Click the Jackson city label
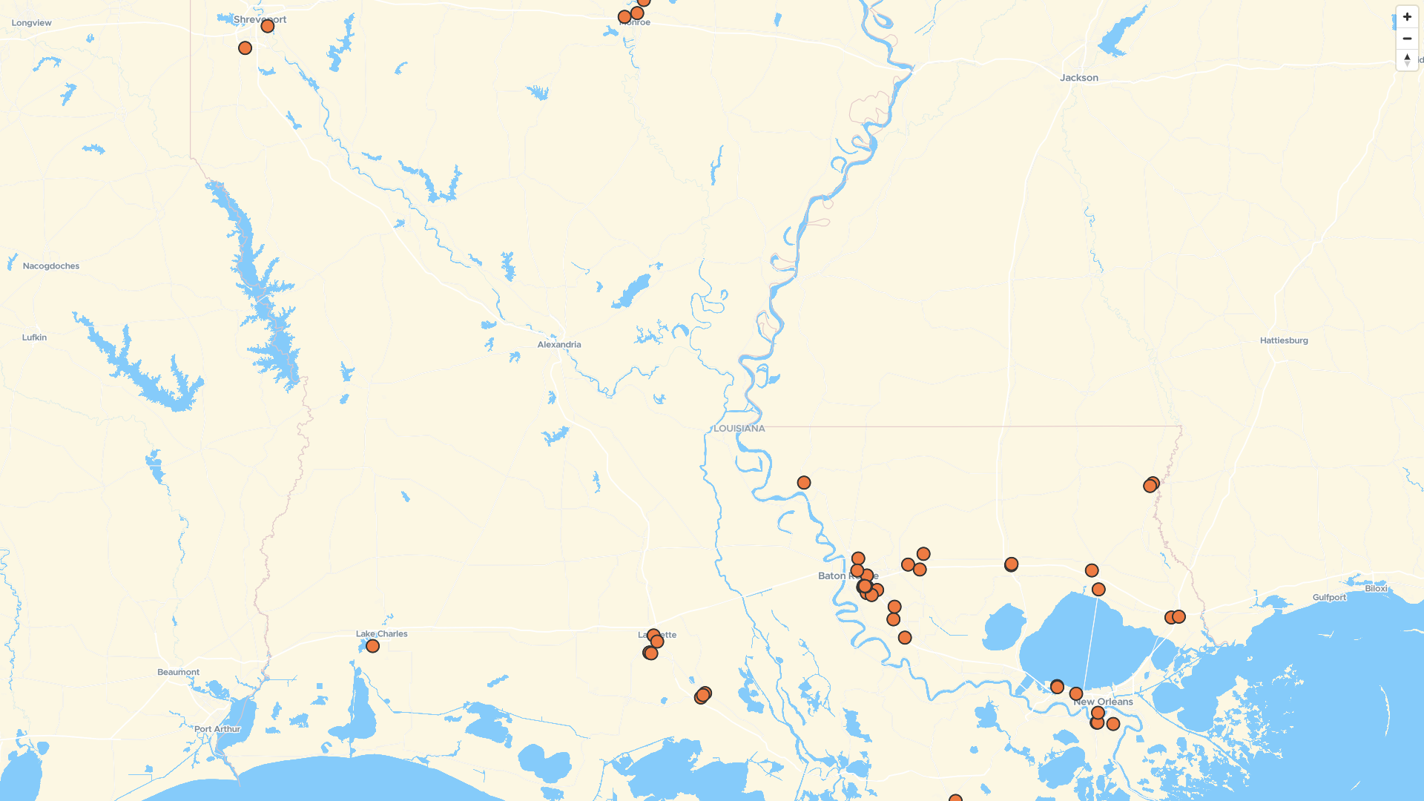(1078, 78)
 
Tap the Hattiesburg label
(1283, 340)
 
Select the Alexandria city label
(558, 345)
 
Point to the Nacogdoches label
(50, 266)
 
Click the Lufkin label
(34, 337)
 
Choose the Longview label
(31, 23)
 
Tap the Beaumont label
(178, 673)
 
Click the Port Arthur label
(217, 729)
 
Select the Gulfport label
(1328, 597)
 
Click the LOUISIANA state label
(739, 429)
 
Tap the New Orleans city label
(1104, 702)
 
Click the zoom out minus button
(1406, 39)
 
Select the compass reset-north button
(1406, 59)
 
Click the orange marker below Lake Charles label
(372, 646)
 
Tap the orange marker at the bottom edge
(955, 798)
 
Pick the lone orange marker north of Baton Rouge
(803, 483)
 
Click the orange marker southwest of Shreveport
(245, 48)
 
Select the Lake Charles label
(381, 634)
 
